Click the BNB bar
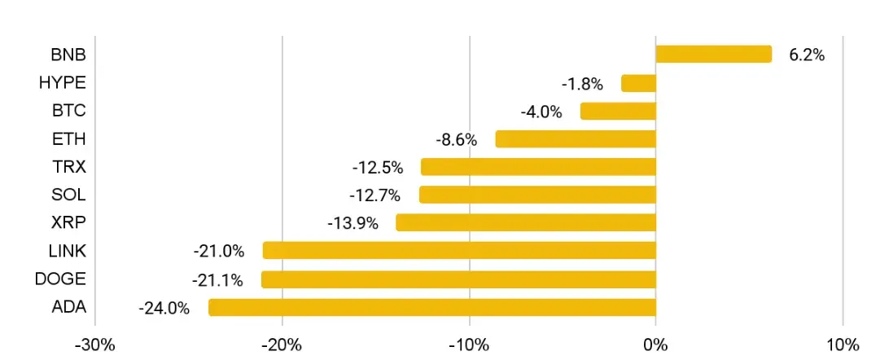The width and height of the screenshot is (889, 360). point(713,55)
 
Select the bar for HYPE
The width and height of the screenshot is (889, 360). point(638,83)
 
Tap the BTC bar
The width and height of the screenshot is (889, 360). point(618,111)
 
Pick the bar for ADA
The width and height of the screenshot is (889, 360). point(432,307)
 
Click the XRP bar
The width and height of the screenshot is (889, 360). point(526,222)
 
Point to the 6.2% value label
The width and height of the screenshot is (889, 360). point(807,55)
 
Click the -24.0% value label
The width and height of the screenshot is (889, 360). point(164,308)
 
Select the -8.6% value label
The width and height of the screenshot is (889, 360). point(456,139)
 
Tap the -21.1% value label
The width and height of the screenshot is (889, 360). point(217,280)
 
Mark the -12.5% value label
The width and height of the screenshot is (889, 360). point(378,168)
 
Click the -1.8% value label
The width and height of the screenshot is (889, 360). point(582,83)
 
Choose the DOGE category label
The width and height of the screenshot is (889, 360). point(60,279)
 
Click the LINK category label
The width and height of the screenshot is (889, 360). point(67,251)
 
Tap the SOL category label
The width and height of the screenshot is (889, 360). point(68,195)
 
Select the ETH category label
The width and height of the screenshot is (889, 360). point(68,138)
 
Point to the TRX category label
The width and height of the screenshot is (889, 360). point(68,167)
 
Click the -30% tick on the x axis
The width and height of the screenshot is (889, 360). point(95,343)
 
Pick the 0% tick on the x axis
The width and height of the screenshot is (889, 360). point(656,343)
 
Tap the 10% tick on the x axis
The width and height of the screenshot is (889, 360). point(843,343)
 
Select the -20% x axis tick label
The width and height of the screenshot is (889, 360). point(282,343)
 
